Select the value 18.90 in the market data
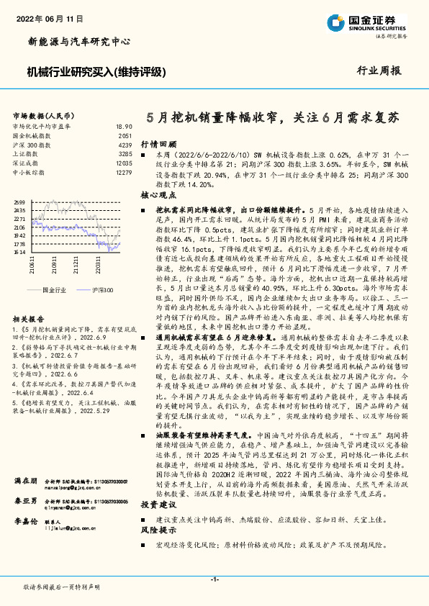click(124, 126)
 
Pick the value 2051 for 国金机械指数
click(125, 135)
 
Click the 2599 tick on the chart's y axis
click(19, 202)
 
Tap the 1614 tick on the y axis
click(19, 253)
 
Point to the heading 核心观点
click(158, 195)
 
